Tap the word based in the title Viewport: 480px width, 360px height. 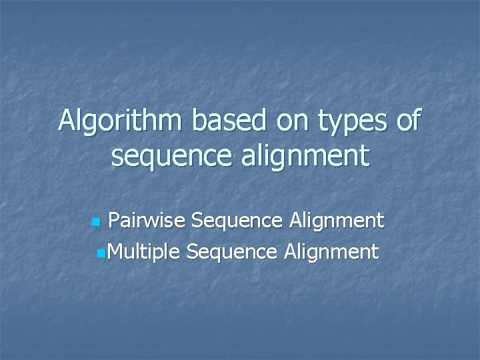[x=224, y=121]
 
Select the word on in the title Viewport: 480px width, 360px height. [x=291, y=121]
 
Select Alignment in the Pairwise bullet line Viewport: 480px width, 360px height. [x=337, y=221]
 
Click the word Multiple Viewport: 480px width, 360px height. [x=143, y=252]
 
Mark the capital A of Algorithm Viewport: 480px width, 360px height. [x=67, y=121]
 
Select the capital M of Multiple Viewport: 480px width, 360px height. [x=114, y=252]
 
